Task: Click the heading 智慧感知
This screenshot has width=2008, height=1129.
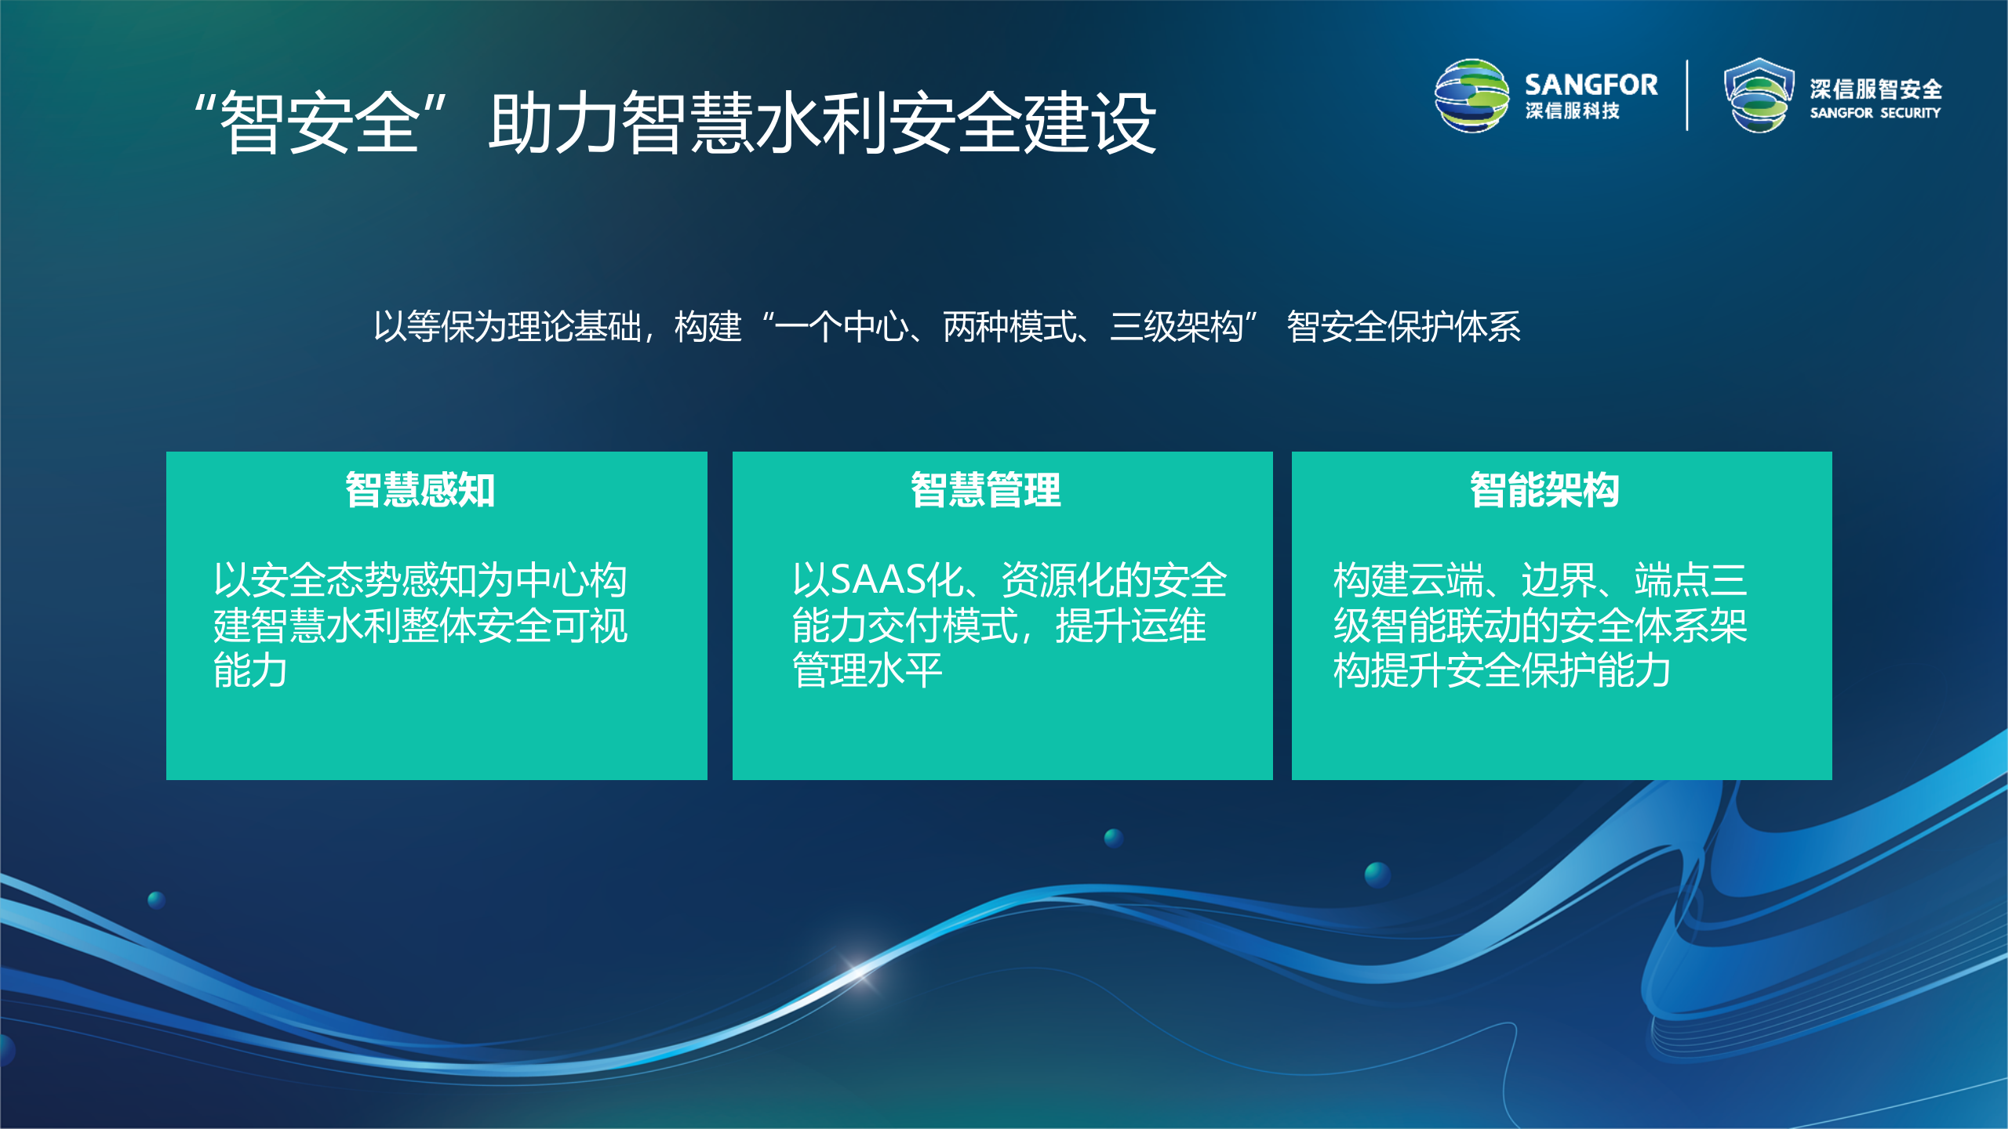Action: pyautogui.click(x=420, y=490)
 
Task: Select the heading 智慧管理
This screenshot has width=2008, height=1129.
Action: pyautogui.click(x=985, y=490)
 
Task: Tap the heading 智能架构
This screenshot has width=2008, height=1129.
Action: pyautogui.click(x=1544, y=490)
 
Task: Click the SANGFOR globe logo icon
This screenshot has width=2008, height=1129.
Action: pyautogui.click(x=1471, y=96)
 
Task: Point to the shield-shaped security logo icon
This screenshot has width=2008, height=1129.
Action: pyautogui.click(x=1759, y=96)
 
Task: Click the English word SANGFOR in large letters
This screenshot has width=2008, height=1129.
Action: pyautogui.click(x=1591, y=85)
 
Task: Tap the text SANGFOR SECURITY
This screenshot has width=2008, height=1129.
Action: pyautogui.click(x=1875, y=113)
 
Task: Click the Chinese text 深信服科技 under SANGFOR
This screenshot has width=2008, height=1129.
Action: pyautogui.click(x=1572, y=111)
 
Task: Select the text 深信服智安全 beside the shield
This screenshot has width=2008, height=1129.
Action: pyautogui.click(x=1875, y=89)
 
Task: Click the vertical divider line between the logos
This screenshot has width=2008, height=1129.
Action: pyautogui.click(x=1686, y=96)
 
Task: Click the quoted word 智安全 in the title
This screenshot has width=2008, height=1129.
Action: pyautogui.click(x=320, y=123)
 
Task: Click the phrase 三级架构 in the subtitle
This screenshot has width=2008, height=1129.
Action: pyautogui.click(x=1177, y=327)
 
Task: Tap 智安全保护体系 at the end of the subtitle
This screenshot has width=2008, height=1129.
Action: pyautogui.click(x=1403, y=327)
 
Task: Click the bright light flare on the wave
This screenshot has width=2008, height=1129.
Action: pyautogui.click(x=858, y=971)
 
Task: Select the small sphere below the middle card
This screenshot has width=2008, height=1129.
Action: pyautogui.click(x=1113, y=837)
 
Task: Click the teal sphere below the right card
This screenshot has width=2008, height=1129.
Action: pyautogui.click(x=1377, y=874)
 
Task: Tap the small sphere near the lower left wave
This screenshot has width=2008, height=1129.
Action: pyautogui.click(x=157, y=899)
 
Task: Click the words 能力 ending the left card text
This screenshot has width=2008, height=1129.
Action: pyautogui.click(x=250, y=671)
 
